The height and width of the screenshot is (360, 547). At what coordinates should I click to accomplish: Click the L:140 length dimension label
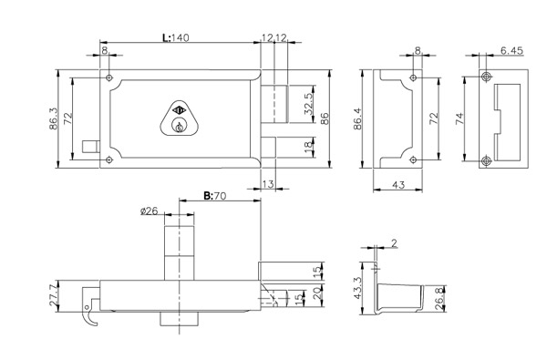(176, 37)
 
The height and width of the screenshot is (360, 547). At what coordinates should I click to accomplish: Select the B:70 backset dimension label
(215, 196)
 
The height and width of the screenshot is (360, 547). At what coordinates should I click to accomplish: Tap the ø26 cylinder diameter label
(149, 211)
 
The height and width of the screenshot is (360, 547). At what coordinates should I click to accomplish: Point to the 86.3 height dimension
(54, 118)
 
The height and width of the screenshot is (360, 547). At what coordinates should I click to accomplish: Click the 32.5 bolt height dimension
(309, 104)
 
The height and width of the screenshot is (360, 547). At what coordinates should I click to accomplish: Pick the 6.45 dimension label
(511, 51)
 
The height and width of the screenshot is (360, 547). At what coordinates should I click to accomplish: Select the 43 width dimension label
(398, 184)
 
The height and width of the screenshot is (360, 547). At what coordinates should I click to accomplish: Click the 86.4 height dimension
(358, 119)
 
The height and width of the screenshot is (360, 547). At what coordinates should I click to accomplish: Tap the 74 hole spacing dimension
(459, 118)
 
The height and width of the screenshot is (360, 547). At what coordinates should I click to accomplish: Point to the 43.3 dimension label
(357, 288)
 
